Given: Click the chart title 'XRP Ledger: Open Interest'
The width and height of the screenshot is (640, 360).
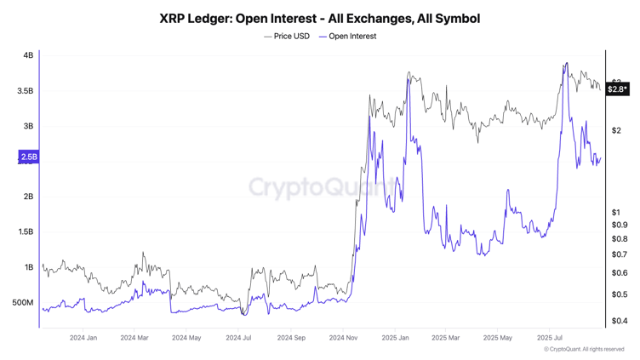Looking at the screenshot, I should (x=319, y=18).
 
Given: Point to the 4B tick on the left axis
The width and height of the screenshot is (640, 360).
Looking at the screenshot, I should (x=28, y=55).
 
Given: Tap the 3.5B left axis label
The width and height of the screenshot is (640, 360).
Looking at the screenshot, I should (x=26, y=91).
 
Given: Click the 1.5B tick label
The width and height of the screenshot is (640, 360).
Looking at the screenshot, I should (x=26, y=231).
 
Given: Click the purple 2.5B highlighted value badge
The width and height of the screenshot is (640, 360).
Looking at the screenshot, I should (x=28, y=157).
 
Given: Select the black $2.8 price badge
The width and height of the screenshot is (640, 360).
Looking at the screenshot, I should (x=617, y=89).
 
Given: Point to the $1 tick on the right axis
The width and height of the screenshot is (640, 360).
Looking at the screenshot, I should (x=615, y=212).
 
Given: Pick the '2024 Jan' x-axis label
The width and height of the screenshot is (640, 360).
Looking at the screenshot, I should (x=83, y=338).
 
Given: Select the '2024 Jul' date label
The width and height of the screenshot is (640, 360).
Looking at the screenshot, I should (x=238, y=338).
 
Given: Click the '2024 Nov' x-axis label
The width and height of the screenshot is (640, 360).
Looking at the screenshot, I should (x=343, y=338).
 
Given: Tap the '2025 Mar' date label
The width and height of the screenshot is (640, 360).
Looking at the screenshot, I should (x=446, y=338).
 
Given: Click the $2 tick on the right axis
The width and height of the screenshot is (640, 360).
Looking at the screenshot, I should (x=615, y=130).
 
